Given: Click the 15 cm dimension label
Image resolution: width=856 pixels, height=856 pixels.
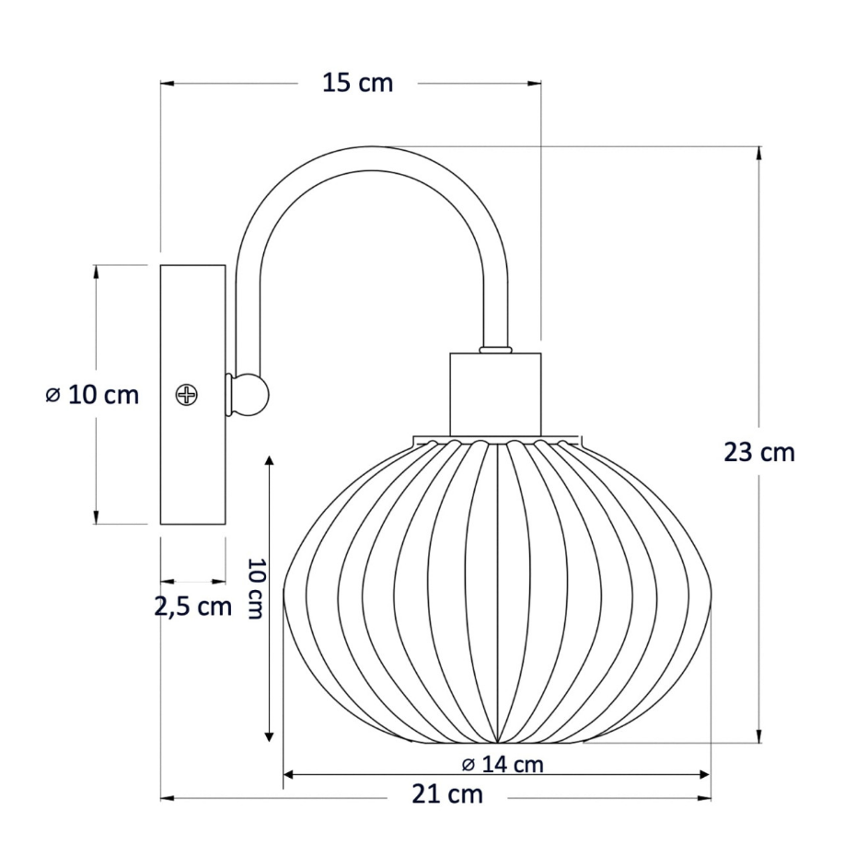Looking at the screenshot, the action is pos(357,83).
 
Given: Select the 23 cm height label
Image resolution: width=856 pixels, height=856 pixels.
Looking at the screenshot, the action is pos(759,453).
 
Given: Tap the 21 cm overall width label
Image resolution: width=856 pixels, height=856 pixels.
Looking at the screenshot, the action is pos(447,795).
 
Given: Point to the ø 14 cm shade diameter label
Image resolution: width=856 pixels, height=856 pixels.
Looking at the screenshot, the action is pos(503,765).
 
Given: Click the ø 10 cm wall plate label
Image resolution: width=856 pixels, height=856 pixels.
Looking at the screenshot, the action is pos(92,395).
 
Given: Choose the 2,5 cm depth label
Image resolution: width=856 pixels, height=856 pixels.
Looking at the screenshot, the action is pos(193,607).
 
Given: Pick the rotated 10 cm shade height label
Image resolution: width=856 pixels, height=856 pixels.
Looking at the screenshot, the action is pos(256,588).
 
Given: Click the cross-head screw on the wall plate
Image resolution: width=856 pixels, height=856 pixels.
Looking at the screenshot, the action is pos(187,394).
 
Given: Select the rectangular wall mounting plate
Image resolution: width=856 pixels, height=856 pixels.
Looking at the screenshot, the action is pos(192,395).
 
